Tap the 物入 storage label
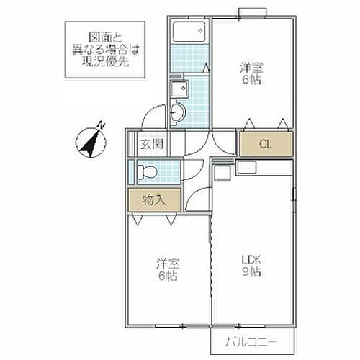tap(154, 199)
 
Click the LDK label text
tap(252, 258)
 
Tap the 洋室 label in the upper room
tap(251, 66)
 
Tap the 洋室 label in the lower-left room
tap(166, 263)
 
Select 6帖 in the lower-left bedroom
tap(166, 276)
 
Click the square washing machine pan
tap(179, 89)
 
